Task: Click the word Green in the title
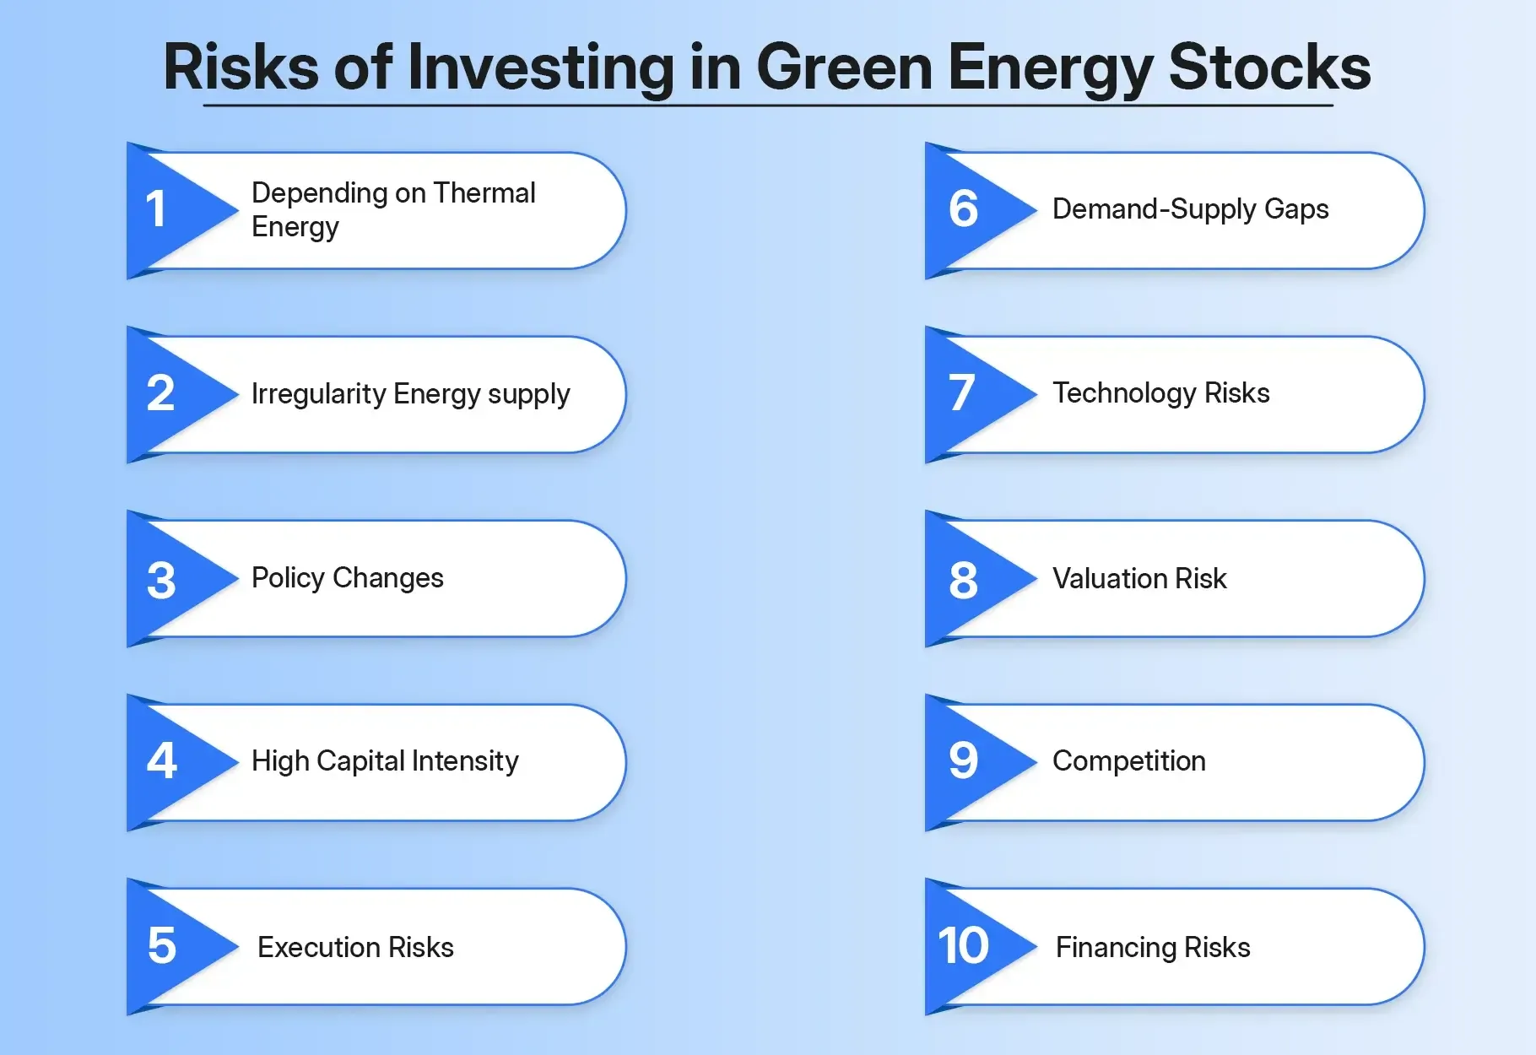coord(844,68)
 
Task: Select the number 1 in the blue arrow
coord(156,209)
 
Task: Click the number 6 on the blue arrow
coord(963,209)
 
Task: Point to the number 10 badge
coord(963,946)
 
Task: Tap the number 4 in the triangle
coord(161,761)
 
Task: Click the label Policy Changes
coord(347,578)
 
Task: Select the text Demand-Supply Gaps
coord(1189,209)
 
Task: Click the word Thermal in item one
coord(484,193)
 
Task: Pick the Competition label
coord(1128,761)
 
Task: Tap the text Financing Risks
coord(1152,947)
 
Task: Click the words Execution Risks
coord(355,947)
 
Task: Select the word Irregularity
coord(318,394)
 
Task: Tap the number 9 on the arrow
coord(963,761)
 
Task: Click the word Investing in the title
coord(541,68)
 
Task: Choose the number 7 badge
coord(961,393)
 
